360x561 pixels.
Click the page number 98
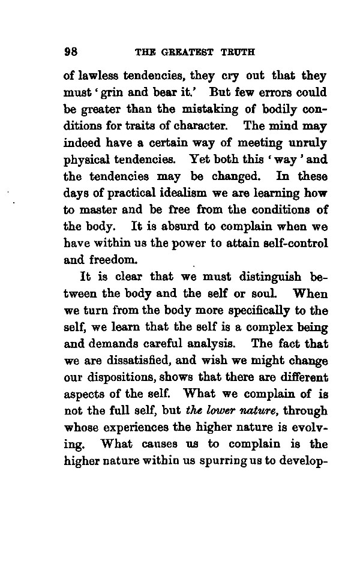(71, 51)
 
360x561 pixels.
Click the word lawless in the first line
(97, 76)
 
